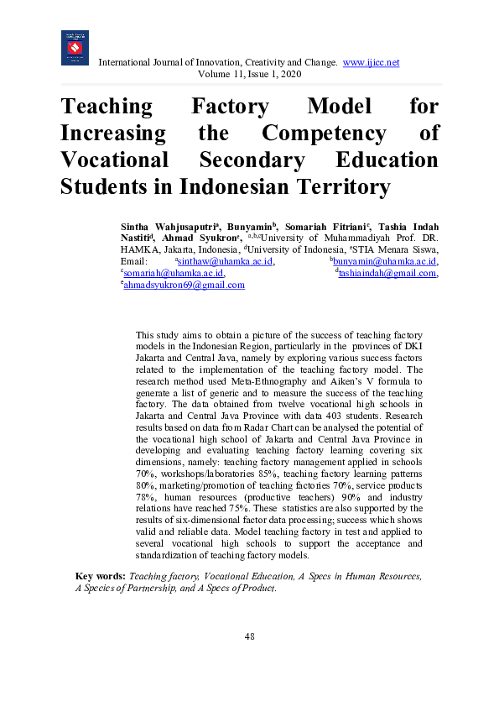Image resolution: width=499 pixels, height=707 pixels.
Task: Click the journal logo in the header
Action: (75, 48)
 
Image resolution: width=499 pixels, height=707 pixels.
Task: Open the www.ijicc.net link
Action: (371, 63)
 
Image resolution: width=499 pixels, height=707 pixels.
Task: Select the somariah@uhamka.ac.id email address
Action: (173, 273)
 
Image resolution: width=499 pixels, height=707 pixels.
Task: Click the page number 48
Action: (249, 636)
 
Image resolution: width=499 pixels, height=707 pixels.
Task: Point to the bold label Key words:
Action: (101, 577)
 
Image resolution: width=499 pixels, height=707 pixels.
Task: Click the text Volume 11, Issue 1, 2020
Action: (249, 75)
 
